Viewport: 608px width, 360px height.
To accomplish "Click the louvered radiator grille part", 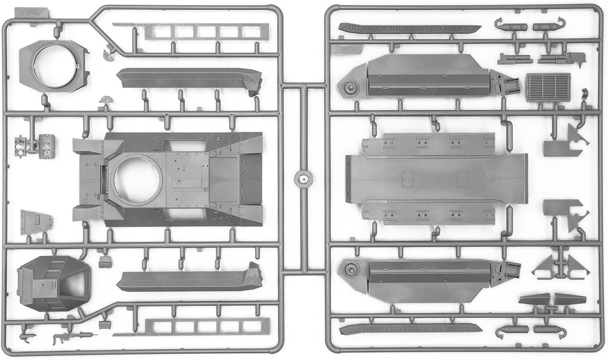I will point(549,87).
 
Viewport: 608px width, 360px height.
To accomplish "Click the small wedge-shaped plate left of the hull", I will point(36,221).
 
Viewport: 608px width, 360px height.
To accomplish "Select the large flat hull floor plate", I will point(436,177).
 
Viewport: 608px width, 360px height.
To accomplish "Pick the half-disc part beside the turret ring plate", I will point(105,53).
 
